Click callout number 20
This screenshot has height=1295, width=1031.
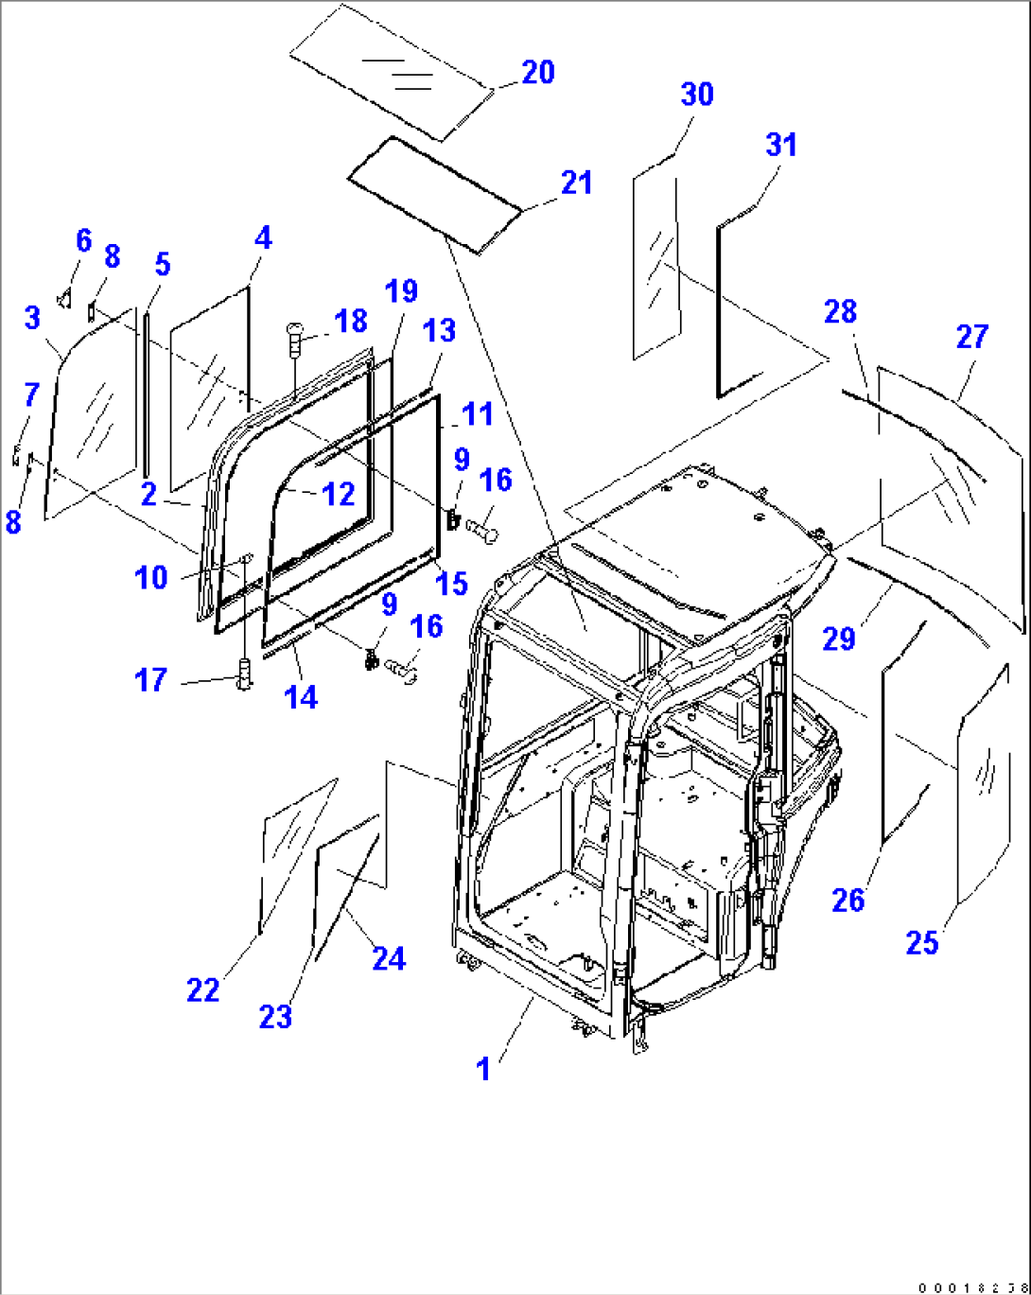click(537, 73)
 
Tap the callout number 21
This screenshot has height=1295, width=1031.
click(576, 183)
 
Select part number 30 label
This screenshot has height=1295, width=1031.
click(697, 95)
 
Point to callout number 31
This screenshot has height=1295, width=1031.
click(781, 145)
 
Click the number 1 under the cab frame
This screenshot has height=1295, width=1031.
click(483, 1069)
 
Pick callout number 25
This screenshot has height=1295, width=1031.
click(921, 942)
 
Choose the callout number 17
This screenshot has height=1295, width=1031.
click(150, 679)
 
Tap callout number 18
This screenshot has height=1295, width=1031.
click(350, 321)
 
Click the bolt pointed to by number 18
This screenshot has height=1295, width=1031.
click(293, 337)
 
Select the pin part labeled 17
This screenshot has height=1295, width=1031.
click(245, 674)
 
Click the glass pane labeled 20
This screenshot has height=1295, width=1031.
click(391, 71)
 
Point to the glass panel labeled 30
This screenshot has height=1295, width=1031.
click(656, 265)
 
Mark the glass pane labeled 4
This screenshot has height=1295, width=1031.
click(210, 388)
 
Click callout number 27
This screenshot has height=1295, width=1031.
click(971, 337)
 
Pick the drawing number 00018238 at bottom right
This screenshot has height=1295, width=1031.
click(971, 1287)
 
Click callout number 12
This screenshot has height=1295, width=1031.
click(338, 494)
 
